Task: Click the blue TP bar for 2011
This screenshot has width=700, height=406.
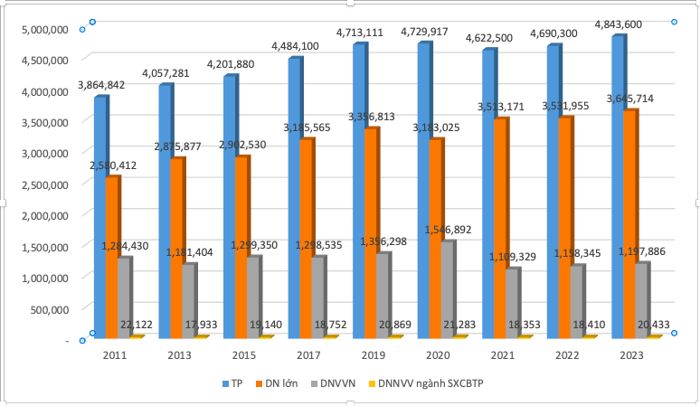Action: click(x=99, y=217)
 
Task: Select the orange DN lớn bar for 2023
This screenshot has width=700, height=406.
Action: click(x=629, y=226)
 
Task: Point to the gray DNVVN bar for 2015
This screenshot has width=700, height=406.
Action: click(x=254, y=298)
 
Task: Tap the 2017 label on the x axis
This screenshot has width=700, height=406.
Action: click(x=308, y=356)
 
